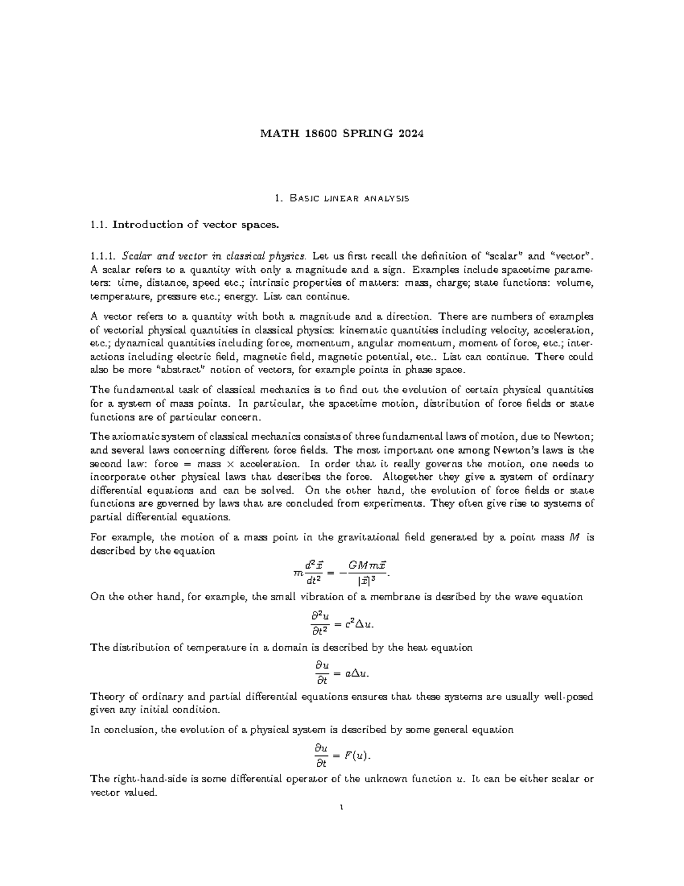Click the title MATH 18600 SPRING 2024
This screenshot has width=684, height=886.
tap(342, 134)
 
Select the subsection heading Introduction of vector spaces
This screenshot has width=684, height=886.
tap(196, 225)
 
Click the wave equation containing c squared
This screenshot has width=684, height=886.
tap(342, 623)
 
